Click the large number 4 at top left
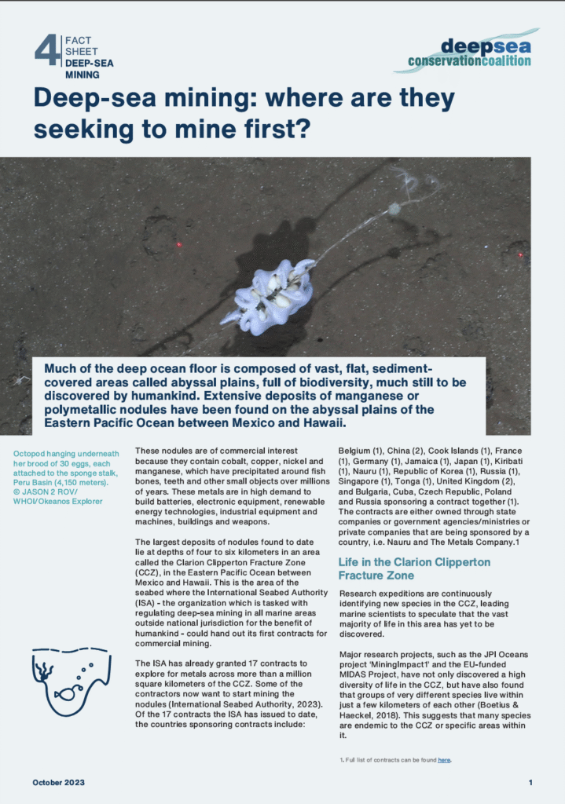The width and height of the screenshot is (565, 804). coord(47,49)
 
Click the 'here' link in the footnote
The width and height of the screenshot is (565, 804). coord(444,760)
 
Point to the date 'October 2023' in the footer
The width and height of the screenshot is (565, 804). coord(59,783)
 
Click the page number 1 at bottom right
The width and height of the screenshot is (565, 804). coord(530,783)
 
